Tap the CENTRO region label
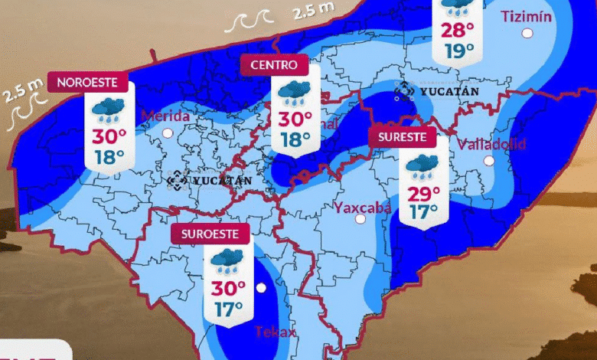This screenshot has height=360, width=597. (x=274, y=65)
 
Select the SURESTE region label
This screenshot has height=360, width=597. (x=402, y=138)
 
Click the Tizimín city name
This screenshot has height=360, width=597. (x=526, y=16)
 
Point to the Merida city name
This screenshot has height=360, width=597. (x=165, y=116)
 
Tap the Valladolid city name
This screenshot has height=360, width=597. (x=492, y=144)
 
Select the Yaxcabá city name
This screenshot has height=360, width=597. (x=363, y=207)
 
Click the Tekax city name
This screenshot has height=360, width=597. (x=272, y=331)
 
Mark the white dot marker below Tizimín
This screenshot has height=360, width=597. (x=527, y=33)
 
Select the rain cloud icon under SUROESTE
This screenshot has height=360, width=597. (x=228, y=260)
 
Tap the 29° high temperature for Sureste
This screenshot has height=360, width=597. (x=424, y=192)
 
